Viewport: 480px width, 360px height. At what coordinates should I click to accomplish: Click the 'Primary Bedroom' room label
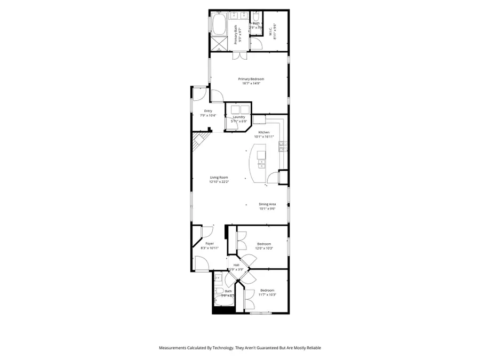point(251,79)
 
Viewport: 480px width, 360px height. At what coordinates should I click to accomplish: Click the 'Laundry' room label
point(238,117)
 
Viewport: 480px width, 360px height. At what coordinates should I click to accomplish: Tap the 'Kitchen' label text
point(263,132)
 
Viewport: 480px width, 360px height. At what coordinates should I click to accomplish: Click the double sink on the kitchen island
point(261,156)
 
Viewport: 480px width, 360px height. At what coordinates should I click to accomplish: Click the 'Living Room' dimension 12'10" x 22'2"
point(219,182)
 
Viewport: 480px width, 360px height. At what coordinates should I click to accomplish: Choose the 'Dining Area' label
point(267,204)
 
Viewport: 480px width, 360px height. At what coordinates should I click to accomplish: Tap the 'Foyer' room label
point(209,243)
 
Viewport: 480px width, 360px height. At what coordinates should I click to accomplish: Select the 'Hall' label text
point(236,265)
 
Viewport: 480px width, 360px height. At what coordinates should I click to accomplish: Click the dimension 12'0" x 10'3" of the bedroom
point(265,249)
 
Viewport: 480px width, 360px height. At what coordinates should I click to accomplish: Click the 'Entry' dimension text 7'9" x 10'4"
point(200,115)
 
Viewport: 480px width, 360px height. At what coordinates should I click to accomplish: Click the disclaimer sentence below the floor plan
point(240,348)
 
